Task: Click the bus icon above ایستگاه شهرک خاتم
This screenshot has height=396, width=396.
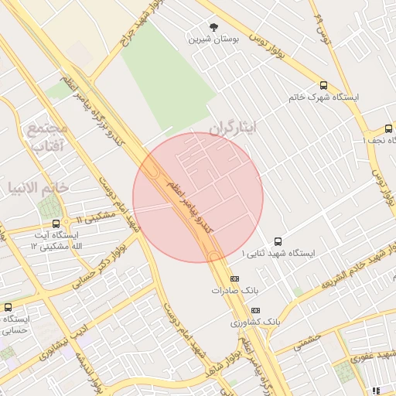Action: point(323,86)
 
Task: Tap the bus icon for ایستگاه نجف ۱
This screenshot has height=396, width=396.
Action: point(389,128)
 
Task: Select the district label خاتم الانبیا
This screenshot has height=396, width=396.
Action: point(38,187)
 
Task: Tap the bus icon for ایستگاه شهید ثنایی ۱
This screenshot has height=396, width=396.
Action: point(278,241)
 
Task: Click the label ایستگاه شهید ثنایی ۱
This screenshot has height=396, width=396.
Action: point(278,253)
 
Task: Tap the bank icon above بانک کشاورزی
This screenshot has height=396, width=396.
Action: point(255,309)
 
